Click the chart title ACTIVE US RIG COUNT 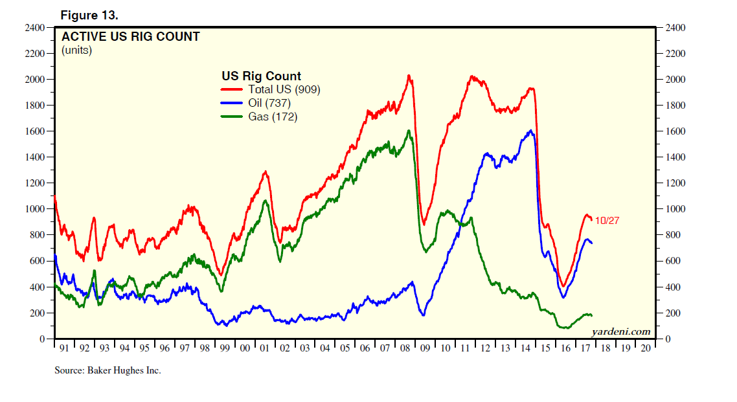[x=130, y=37]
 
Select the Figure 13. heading [x=89, y=14]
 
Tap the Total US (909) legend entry [x=284, y=89]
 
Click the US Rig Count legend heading [x=261, y=76]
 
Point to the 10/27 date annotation [x=607, y=220]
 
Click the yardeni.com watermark [x=620, y=331]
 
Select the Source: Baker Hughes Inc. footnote [x=107, y=371]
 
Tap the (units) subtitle [x=76, y=50]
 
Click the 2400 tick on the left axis [x=34, y=28]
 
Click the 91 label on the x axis [x=64, y=348]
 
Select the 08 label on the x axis [x=405, y=348]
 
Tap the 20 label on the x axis [x=645, y=348]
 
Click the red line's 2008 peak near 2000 [x=409, y=76]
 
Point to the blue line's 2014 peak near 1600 [x=530, y=131]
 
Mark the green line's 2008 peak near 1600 [x=409, y=131]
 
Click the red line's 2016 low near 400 [x=563, y=286]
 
